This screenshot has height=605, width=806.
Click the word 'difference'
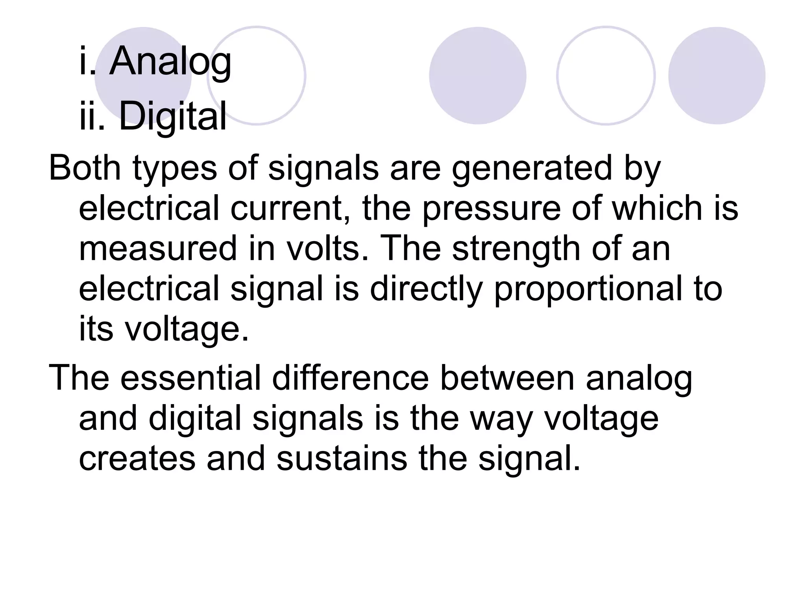click(x=350, y=378)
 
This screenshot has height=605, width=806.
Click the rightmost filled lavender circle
click(x=717, y=76)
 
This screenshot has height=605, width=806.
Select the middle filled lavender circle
click(x=477, y=76)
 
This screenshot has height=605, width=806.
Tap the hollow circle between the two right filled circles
click(x=606, y=76)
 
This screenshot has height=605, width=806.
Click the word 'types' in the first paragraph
click(x=175, y=168)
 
